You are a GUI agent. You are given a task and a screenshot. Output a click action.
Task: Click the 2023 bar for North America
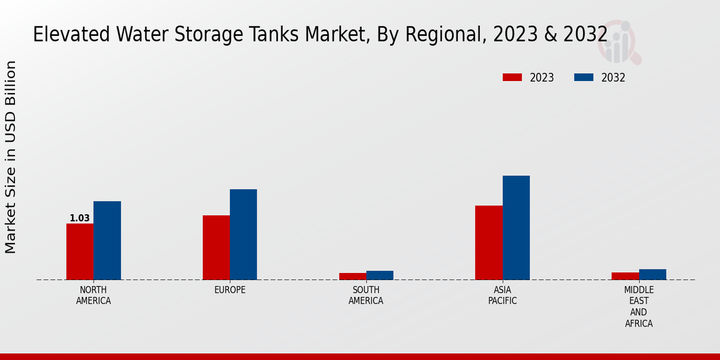80,251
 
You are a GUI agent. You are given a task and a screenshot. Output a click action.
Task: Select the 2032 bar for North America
107,240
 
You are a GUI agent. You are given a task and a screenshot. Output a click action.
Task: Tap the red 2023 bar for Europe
216,247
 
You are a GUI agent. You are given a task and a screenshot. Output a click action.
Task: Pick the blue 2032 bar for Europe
243,234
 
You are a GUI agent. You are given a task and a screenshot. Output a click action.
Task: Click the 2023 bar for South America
352,276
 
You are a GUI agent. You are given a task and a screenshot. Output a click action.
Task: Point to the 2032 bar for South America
380,275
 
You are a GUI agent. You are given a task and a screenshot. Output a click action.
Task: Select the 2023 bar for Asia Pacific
488,242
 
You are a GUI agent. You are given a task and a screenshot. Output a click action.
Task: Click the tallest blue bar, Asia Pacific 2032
516,227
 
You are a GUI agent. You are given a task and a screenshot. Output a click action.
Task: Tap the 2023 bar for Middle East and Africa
625,276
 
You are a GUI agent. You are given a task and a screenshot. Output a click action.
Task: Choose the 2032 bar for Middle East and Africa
652,274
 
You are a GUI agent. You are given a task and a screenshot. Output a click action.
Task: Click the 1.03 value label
79,218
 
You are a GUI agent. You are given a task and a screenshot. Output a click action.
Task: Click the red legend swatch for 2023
512,77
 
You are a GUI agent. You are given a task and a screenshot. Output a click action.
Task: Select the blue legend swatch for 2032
584,77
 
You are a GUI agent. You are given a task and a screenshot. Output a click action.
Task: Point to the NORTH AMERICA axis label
94,295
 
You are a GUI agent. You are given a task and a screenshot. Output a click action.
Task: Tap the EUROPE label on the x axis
230,290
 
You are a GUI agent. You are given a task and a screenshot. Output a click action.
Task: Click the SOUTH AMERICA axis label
366,295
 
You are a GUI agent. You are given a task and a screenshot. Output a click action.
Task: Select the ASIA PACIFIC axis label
502,295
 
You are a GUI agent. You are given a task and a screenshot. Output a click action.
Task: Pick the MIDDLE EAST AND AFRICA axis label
638,307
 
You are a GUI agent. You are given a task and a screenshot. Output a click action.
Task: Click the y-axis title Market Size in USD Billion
11,157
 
